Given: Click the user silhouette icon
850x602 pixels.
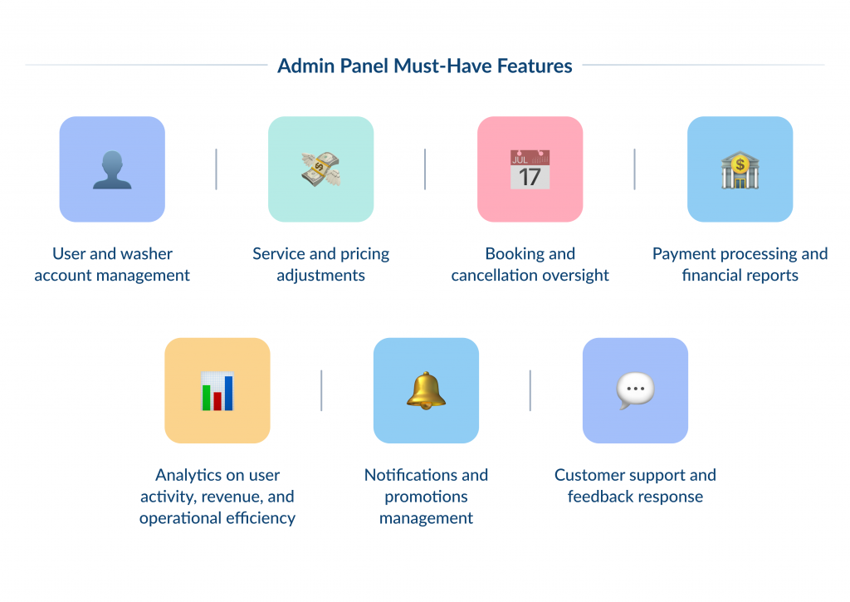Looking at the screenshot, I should tap(112, 169).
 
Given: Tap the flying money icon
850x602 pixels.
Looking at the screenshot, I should tap(320, 169).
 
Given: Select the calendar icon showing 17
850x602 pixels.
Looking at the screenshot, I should tap(530, 169).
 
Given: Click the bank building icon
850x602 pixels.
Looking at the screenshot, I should tap(740, 169).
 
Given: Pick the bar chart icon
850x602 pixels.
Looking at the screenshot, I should tap(217, 390).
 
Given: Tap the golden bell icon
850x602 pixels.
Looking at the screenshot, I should tap(426, 390).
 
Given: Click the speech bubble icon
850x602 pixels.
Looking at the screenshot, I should tap(635, 389).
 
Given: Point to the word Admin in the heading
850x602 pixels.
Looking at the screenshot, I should tap(304, 66).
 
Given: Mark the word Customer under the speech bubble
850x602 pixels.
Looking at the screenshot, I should tap(589, 475).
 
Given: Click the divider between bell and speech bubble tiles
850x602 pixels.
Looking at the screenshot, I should tap(530, 390).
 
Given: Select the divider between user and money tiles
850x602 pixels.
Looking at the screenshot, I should tap(217, 169).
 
